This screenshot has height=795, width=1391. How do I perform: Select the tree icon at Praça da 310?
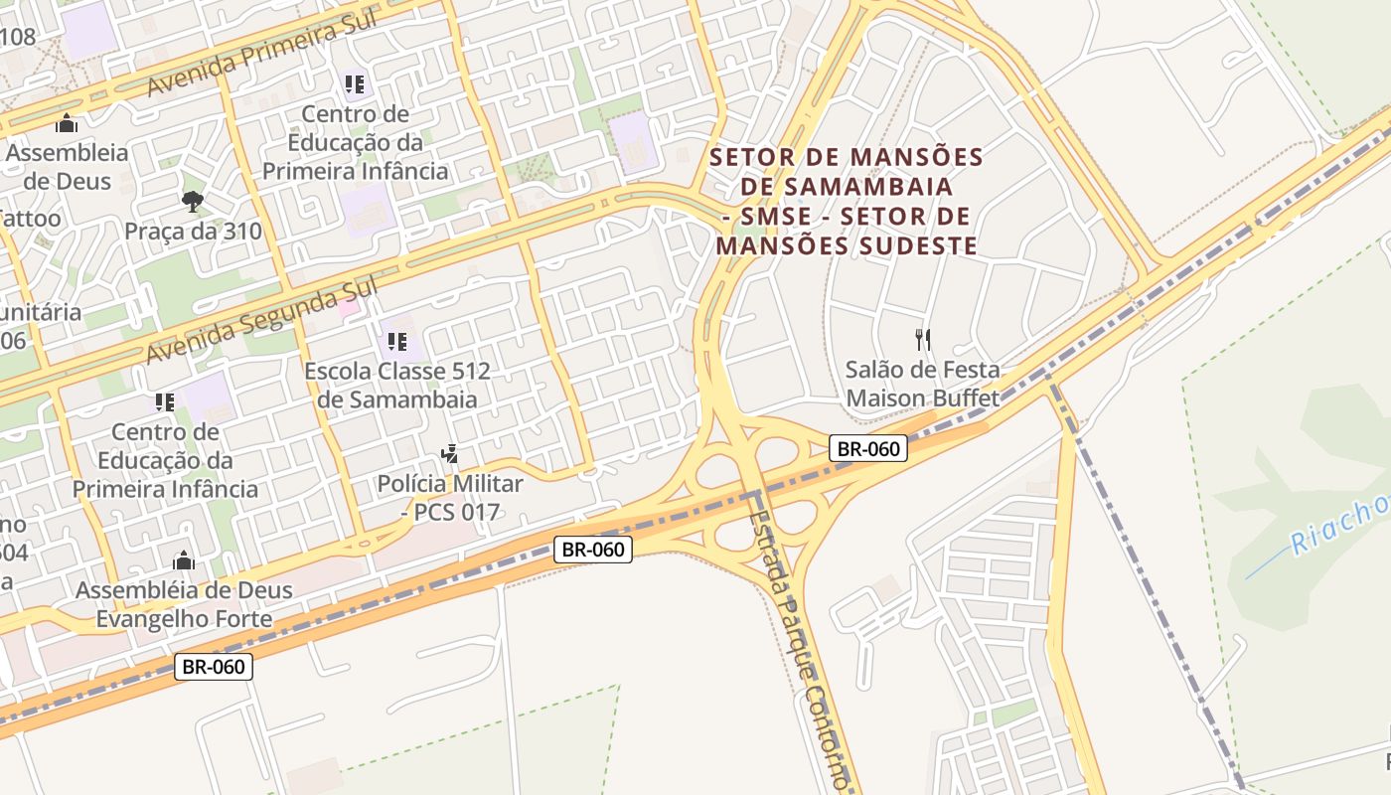(193, 202)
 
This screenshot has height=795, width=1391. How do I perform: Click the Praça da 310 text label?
(193, 232)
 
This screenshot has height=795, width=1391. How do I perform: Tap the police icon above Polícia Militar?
(449, 454)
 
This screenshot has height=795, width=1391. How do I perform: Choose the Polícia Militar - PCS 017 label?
(449, 498)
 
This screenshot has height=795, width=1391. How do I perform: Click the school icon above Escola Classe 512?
(397, 342)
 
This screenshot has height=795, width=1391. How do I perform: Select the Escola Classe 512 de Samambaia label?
(397, 386)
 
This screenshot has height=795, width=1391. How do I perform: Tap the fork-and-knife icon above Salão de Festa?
(923, 340)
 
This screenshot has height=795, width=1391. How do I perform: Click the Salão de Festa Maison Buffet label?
(923, 384)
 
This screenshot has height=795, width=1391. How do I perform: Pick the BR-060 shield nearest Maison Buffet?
(868, 448)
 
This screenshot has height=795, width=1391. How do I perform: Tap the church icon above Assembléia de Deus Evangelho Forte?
(184, 560)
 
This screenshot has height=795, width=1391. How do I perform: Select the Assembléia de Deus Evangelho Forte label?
(184, 604)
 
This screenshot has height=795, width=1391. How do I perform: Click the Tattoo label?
(30, 218)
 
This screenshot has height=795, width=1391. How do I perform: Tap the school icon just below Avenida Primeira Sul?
(355, 84)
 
